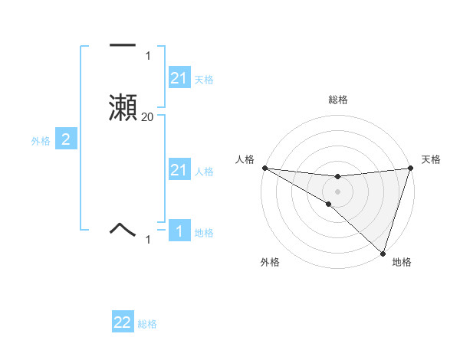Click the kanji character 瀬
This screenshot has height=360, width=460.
click(123, 106)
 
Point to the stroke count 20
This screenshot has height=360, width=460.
click(147, 116)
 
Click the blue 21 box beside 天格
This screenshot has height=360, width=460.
click(179, 78)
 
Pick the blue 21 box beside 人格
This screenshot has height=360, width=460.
click(179, 170)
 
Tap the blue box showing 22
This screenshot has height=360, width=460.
click(123, 322)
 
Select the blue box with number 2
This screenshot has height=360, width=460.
click(66, 139)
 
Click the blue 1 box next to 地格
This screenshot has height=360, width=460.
click(179, 231)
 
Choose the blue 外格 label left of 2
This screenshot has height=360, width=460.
click(41, 140)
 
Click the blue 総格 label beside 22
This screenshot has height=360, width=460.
click(147, 324)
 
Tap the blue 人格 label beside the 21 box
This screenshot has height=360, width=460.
click(204, 172)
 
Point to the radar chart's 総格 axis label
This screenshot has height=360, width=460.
click(337, 100)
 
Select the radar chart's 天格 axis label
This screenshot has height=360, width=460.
click(431, 159)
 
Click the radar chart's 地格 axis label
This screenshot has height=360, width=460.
click(402, 262)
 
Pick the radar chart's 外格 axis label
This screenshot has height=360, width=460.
click(270, 262)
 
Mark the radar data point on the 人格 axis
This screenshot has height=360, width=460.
click(264, 168)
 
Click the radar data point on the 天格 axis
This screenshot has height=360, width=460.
click(410, 168)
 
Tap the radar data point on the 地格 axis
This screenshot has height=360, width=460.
click(383, 254)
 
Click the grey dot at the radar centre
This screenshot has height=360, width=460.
click(337, 191)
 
